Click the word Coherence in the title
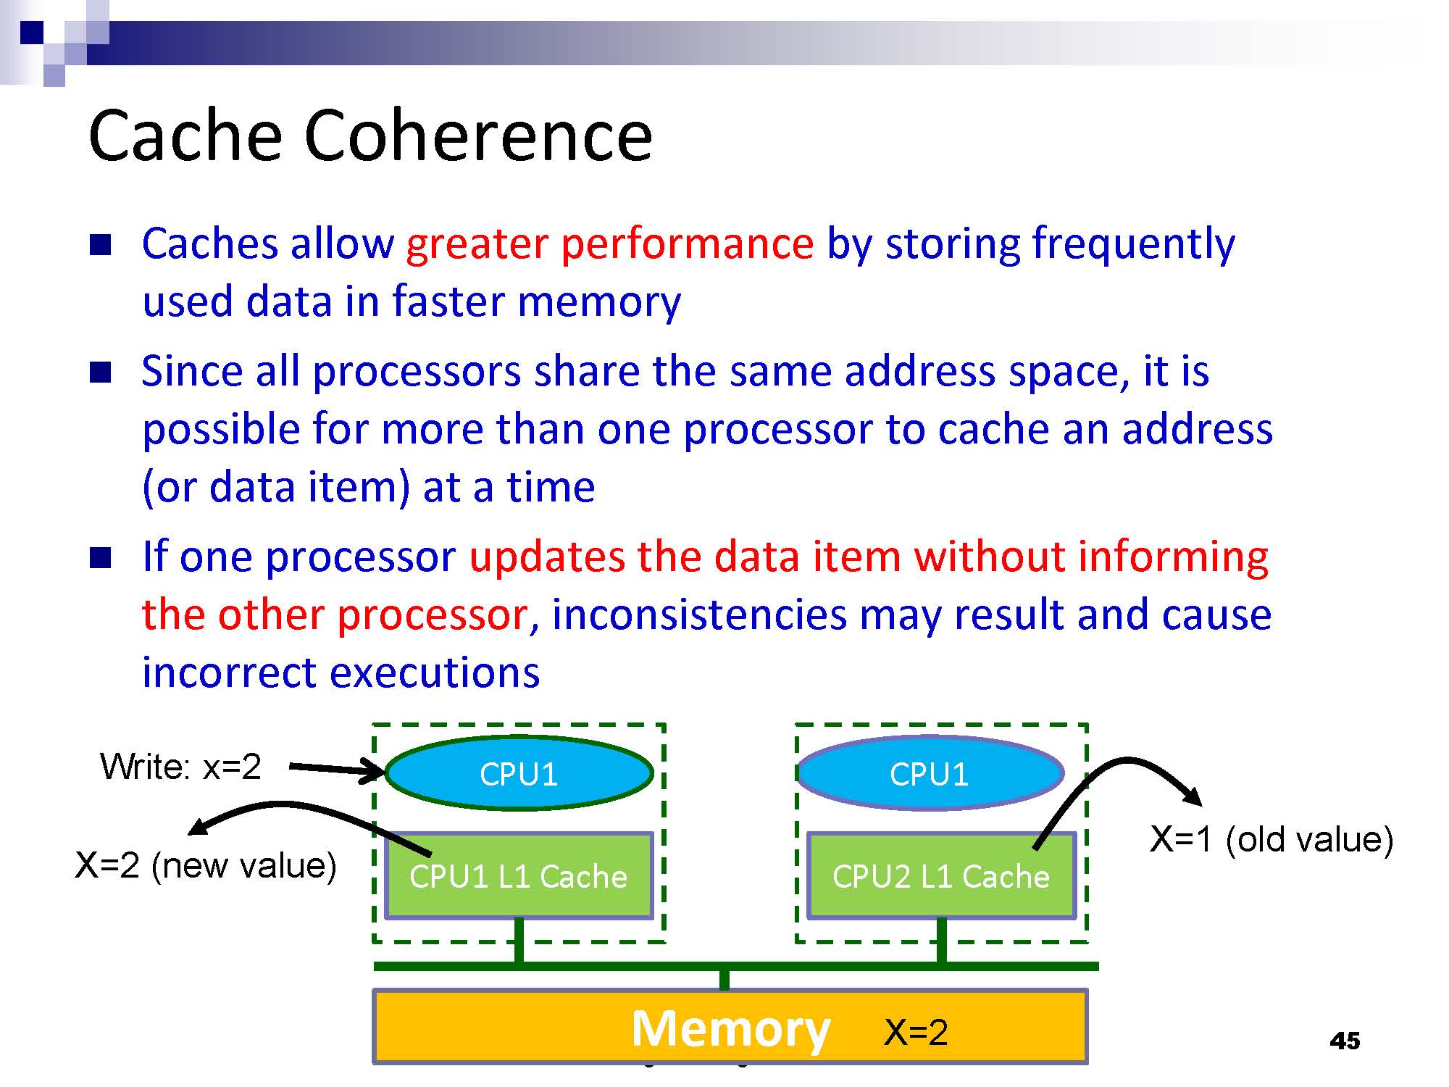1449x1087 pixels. (478, 136)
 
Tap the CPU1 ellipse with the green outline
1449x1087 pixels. (519, 774)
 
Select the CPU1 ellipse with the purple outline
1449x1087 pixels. (930, 774)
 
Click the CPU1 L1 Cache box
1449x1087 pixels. (519, 877)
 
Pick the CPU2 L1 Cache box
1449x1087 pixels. (941, 877)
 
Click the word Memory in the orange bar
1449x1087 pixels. (730, 1029)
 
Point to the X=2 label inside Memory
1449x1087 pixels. (916, 1032)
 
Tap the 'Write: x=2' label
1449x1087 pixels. (180, 767)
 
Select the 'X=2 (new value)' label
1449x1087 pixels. (206, 865)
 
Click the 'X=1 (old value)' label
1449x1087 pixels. (1271, 839)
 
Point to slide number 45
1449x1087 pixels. (1345, 1041)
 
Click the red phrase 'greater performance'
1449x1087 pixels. (609, 243)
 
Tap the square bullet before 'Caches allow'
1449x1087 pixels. (100, 245)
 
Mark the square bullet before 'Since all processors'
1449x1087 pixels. (100, 372)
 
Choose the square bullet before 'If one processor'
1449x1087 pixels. (100, 558)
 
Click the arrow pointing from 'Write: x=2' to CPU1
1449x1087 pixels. (337, 769)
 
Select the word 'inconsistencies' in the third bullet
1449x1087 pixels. (699, 615)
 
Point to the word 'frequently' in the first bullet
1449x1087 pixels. (1133, 243)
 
